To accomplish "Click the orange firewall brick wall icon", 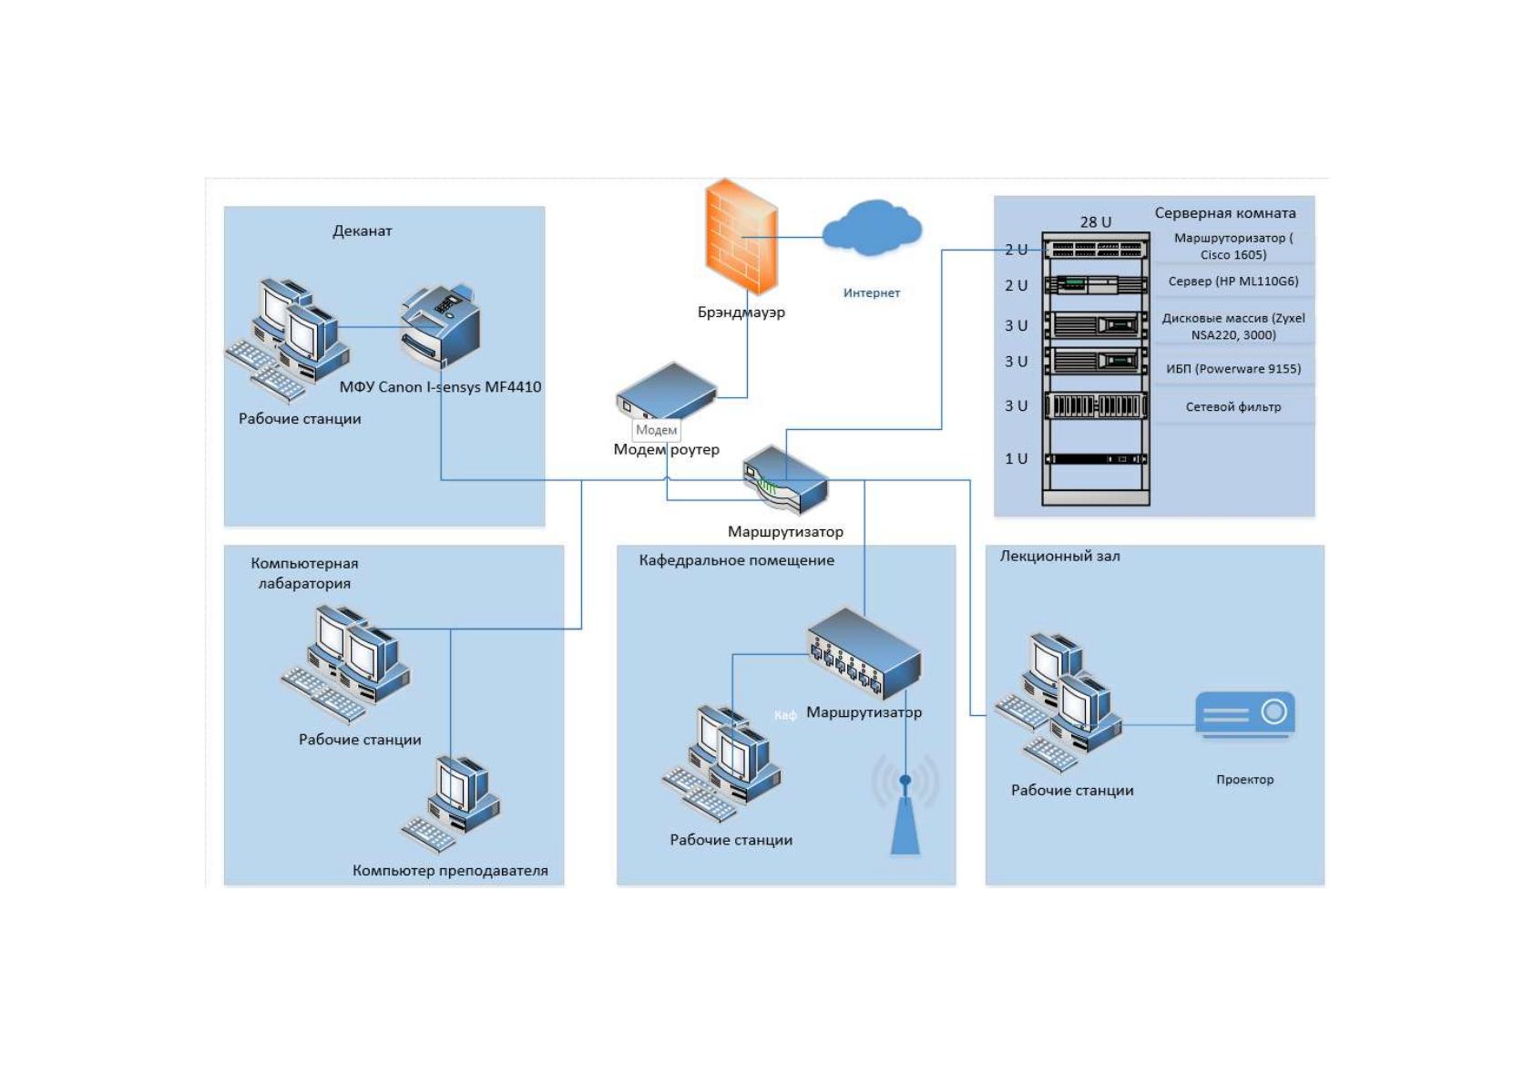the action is tap(741, 236).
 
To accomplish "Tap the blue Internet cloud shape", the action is tap(872, 228).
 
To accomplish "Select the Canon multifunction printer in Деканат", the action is tap(440, 327).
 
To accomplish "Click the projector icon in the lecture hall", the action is tap(1245, 714).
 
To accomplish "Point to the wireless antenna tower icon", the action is tap(905, 804).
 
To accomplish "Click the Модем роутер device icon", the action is tap(666, 391).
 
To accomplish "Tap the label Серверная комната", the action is tap(1225, 213).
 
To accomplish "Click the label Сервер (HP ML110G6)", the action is tap(1233, 281).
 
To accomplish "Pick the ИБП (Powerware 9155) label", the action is tap(1233, 369).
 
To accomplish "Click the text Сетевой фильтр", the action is tap(1233, 407).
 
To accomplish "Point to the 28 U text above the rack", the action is tap(1096, 222).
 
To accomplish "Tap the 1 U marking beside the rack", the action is tap(1017, 458).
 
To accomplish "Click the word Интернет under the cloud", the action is tap(872, 292).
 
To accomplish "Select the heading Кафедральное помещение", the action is tap(737, 560).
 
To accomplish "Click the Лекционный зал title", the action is tap(1060, 557).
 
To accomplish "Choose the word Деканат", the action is tap(363, 230).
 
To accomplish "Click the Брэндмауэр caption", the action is tap(741, 312).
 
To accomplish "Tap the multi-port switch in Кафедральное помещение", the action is tap(864, 653).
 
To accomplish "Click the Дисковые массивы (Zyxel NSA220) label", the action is tap(1233, 326).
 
